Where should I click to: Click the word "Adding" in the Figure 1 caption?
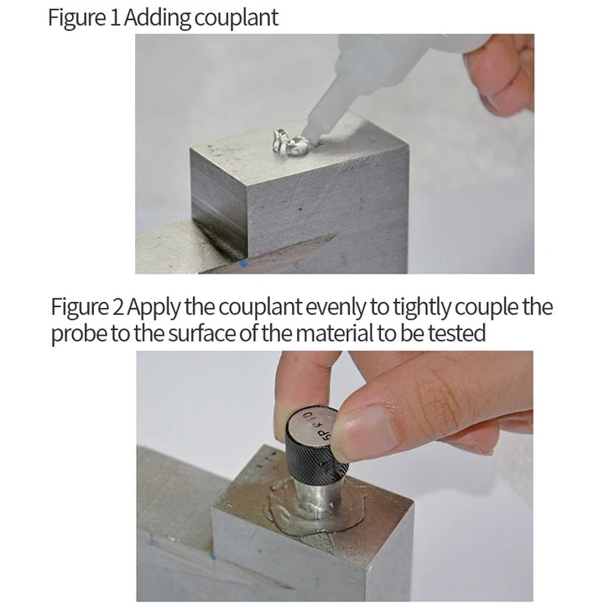[157, 18]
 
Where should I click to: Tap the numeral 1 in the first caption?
[114, 18]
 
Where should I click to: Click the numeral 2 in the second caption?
[118, 306]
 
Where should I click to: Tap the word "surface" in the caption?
[202, 334]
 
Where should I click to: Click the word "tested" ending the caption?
[457, 334]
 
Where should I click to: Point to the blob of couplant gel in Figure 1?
[290, 143]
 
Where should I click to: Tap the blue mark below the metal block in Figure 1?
[244, 264]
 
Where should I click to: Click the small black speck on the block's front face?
[299, 210]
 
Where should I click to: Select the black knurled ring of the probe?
[315, 457]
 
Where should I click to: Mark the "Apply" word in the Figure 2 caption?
[154, 308]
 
